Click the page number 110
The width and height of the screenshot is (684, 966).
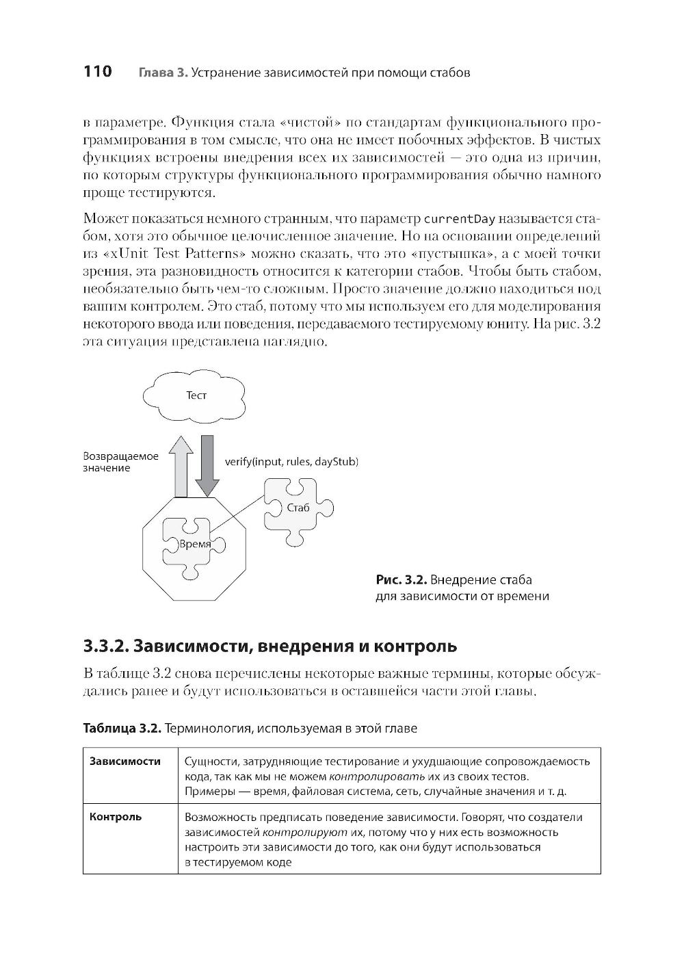tap(97, 72)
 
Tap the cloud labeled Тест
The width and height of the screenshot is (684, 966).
tap(196, 395)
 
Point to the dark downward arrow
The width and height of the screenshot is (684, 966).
tap(207, 465)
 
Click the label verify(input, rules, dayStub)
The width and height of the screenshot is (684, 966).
tap(291, 462)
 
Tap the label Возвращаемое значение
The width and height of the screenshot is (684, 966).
tap(120, 462)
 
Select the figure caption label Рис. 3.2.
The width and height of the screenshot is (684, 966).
tap(402, 580)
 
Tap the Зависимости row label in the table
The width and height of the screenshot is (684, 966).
tap(125, 761)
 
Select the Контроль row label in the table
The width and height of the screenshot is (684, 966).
tap(116, 817)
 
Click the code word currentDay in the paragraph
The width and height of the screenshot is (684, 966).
tap(460, 220)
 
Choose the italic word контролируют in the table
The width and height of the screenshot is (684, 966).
tap(305, 833)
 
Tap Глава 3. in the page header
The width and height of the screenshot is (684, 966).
tap(163, 73)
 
